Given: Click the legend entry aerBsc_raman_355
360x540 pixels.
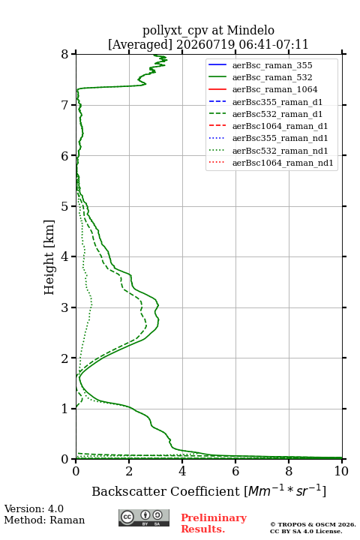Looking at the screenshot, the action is click(x=272, y=65).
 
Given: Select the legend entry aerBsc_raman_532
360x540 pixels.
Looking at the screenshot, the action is click(x=272, y=77).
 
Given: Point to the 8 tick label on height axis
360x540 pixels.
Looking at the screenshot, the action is click(x=65, y=54).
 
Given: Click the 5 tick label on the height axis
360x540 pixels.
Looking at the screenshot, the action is click(x=65, y=206).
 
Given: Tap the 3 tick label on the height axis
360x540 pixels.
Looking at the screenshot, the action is click(x=65, y=307).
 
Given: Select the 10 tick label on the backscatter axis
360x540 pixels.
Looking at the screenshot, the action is click(x=341, y=471).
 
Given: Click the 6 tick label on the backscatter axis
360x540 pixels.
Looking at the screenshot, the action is click(x=235, y=471).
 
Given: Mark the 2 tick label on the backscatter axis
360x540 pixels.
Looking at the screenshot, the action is click(x=129, y=471).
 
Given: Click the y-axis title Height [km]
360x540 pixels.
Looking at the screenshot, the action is click(x=49, y=257).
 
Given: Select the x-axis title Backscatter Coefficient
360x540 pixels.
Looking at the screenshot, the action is click(x=166, y=491).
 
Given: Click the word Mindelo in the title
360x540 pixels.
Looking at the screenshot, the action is click(x=250, y=30).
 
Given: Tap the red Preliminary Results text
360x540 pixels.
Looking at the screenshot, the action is click(x=214, y=523).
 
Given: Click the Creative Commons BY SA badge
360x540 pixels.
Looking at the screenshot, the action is click(x=144, y=517).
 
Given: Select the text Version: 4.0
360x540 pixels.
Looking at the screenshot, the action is click(x=34, y=508).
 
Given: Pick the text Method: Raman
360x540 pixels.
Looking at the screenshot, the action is click(x=44, y=520).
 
